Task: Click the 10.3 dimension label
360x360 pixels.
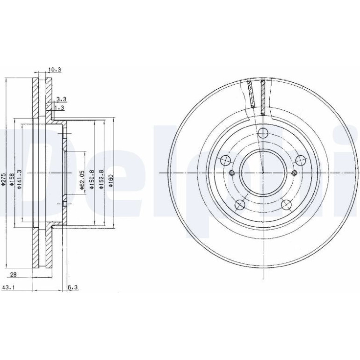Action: [55, 70]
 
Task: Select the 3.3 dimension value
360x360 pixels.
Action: [61, 99]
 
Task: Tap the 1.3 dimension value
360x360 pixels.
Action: [60, 108]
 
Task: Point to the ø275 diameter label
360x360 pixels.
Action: [3, 179]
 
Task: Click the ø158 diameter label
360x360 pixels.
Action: [12, 179]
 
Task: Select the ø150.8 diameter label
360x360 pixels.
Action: [92, 180]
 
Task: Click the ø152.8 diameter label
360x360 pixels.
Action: [101, 180]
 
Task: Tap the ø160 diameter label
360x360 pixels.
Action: [111, 181]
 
